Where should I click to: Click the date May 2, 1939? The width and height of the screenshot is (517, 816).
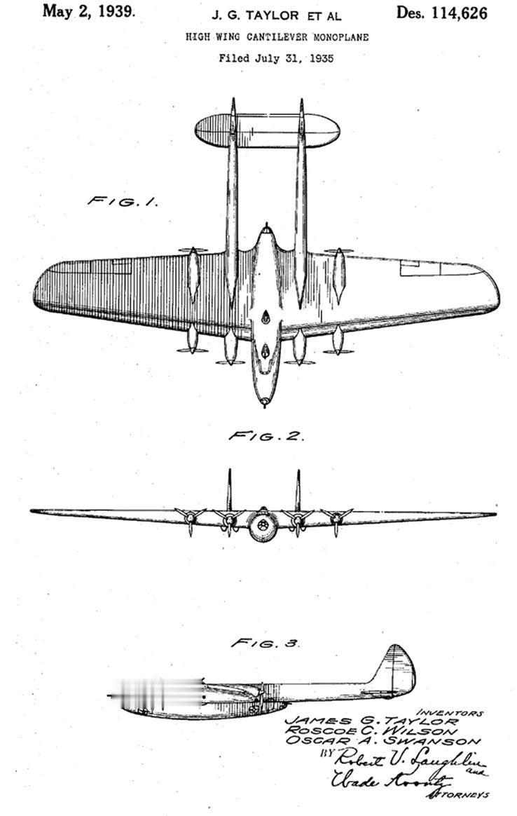89,12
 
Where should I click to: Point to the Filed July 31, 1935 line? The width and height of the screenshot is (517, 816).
275,58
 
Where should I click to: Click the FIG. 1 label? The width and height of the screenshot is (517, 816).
121,201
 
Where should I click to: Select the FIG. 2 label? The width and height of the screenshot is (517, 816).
266,436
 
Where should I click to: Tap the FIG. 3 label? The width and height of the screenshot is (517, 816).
266,642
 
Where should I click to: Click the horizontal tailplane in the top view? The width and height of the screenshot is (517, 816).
266,131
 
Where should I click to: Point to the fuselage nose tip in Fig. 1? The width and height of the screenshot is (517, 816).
264,403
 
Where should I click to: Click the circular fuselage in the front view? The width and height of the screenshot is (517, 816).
263,525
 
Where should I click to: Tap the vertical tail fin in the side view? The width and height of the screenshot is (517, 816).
396,669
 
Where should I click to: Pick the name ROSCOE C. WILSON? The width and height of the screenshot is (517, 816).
375,731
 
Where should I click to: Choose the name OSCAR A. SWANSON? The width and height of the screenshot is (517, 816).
382,742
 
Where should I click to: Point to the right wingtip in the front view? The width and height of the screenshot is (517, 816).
492,515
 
